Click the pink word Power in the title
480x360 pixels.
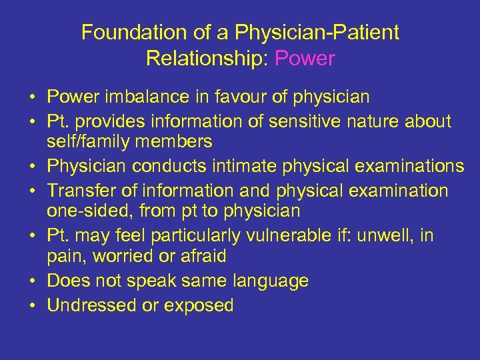point(304,59)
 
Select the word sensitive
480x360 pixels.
point(302,121)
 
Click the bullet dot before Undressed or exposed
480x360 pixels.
point(33,306)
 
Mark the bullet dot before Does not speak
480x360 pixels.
point(33,281)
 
